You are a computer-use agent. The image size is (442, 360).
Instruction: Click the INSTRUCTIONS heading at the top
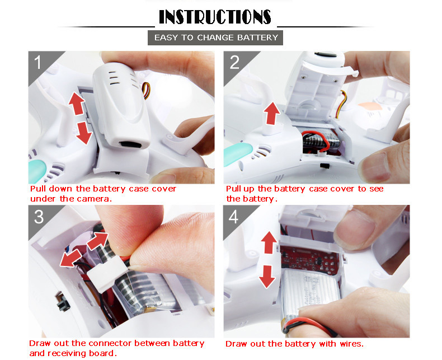215,17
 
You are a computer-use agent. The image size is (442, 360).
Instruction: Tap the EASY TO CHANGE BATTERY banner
215,38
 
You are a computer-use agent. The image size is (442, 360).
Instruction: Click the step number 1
38,62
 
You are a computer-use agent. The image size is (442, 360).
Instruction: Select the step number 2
234,62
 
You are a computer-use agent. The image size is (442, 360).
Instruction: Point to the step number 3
39,217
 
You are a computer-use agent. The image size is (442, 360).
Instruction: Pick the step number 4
234,217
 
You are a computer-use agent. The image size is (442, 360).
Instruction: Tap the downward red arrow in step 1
84,133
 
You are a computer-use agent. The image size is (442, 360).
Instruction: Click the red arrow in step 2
271,114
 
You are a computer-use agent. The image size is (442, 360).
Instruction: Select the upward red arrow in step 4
269,242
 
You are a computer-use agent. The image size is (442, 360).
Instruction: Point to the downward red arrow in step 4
267,277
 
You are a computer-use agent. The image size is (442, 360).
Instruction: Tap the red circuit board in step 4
309,260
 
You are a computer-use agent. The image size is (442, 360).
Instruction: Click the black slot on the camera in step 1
130,145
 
